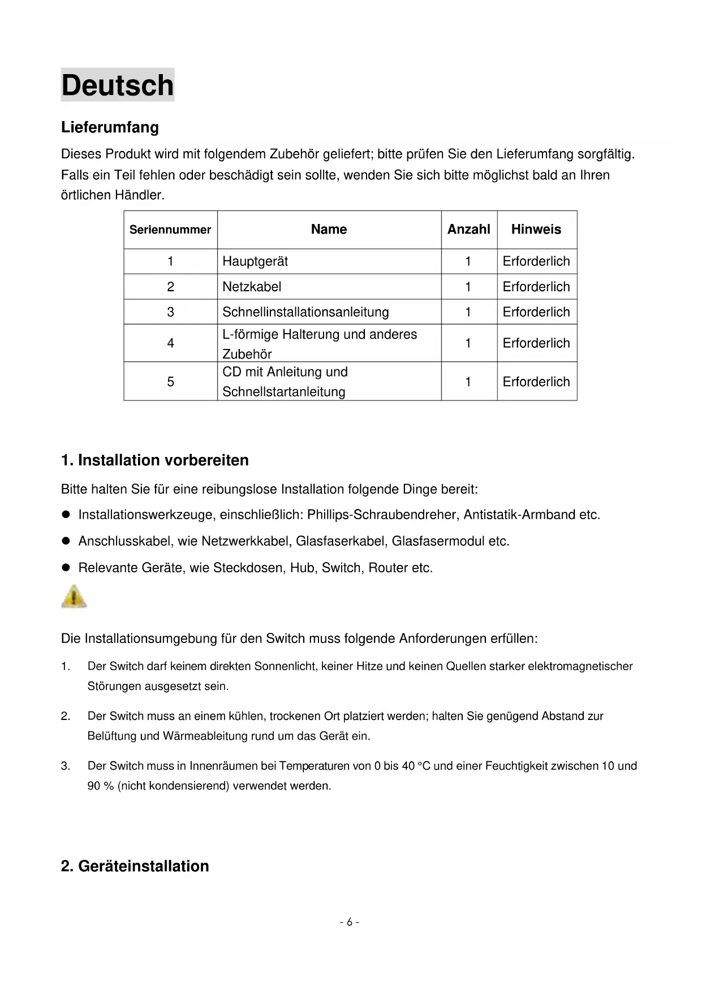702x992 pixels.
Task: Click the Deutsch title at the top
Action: [x=118, y=85]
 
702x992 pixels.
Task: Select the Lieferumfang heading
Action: [x=110, y=127]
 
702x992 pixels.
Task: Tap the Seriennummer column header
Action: [x=170, y=230]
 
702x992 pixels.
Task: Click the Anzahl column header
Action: [x=468, y=230]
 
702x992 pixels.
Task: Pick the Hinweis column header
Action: [x=536, y=230]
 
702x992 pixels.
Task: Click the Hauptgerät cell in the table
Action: [x=255, y=261]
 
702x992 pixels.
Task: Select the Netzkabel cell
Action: [x=252, y=287]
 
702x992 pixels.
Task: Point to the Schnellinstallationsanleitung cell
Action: [x=305, y=312]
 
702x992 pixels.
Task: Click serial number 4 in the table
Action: [x=170, y=343]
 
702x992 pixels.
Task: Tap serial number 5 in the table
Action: [x=170, y=382]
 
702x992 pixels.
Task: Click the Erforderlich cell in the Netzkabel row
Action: [x=536, y=287]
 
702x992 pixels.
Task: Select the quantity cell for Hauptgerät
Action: [x=468, y=261]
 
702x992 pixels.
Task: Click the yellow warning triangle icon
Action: [x=74, y=597]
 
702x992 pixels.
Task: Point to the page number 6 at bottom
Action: [x=350, y=922]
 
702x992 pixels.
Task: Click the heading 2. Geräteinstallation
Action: [x=135, y=866]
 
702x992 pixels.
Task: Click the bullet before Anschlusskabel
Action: [x=66, y=541]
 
